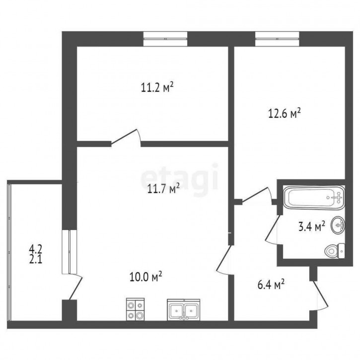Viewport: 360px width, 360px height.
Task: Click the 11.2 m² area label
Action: point(157,88)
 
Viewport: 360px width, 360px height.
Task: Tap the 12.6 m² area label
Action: point(285,113)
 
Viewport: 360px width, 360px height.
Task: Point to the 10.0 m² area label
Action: point(146,277)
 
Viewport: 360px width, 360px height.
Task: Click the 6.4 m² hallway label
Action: point(271,285)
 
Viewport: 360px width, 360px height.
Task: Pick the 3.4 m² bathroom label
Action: point(311,226)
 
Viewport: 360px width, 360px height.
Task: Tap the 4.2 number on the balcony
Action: point(36,249)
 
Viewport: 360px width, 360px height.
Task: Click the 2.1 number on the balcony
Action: point(36,260)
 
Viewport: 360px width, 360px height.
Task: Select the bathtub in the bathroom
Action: point(314,197)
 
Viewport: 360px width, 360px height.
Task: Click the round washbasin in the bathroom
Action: point(338,225)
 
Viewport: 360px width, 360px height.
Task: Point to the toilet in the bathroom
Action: point(335,251)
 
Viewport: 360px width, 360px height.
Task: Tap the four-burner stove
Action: point(135,309)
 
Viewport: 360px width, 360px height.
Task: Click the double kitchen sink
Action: point(183,310)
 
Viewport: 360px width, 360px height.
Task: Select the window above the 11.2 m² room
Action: point(165,39)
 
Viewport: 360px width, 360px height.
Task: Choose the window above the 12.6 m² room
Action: point(277,39)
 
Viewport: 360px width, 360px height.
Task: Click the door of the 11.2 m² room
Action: point(126,138)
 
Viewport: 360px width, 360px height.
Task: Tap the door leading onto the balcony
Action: point(75,287)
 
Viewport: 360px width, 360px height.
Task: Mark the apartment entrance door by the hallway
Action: point(319,296)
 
